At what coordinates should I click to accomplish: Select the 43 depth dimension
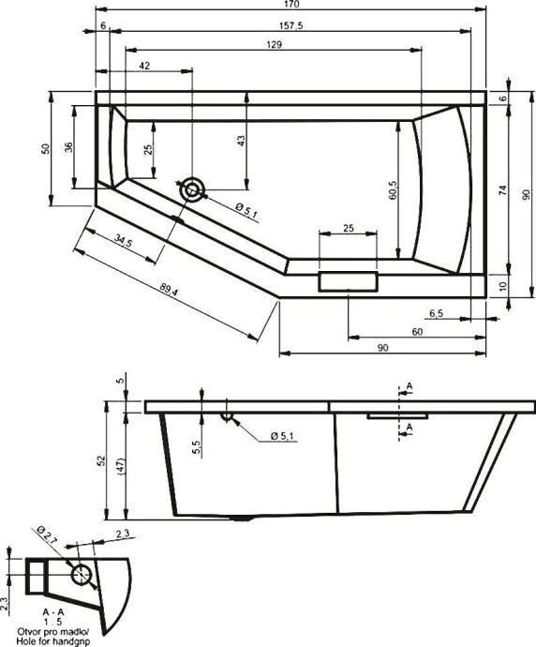(x=240, y=141)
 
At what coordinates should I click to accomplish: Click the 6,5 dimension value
(x=437, y=312)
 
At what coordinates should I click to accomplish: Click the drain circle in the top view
(x=193, y=190)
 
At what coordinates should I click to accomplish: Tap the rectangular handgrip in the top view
(x=347, y=281)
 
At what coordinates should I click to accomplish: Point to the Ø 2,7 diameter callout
(x=47, y=537)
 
